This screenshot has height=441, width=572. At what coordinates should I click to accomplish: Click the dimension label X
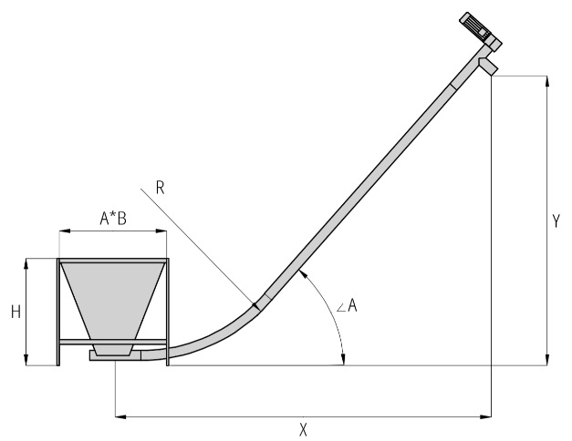pyautogui.click(x=303, y=430)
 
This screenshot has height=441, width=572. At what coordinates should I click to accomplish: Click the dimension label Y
pyautogui.click(x=556, y=221)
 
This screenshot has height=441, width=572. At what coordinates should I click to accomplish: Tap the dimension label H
pyautogui.click(x=16, y=313)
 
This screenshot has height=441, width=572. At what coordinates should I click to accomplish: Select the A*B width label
pyautogui.click(x=113, y=219)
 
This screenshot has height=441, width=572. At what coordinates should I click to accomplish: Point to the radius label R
pyautogui.click(x=161, y=188)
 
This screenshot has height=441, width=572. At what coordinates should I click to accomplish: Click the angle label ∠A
pyautogui.click(x=347, y=305)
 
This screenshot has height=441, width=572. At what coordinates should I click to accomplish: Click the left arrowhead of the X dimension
pyautogui.click(x=120, y=416)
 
